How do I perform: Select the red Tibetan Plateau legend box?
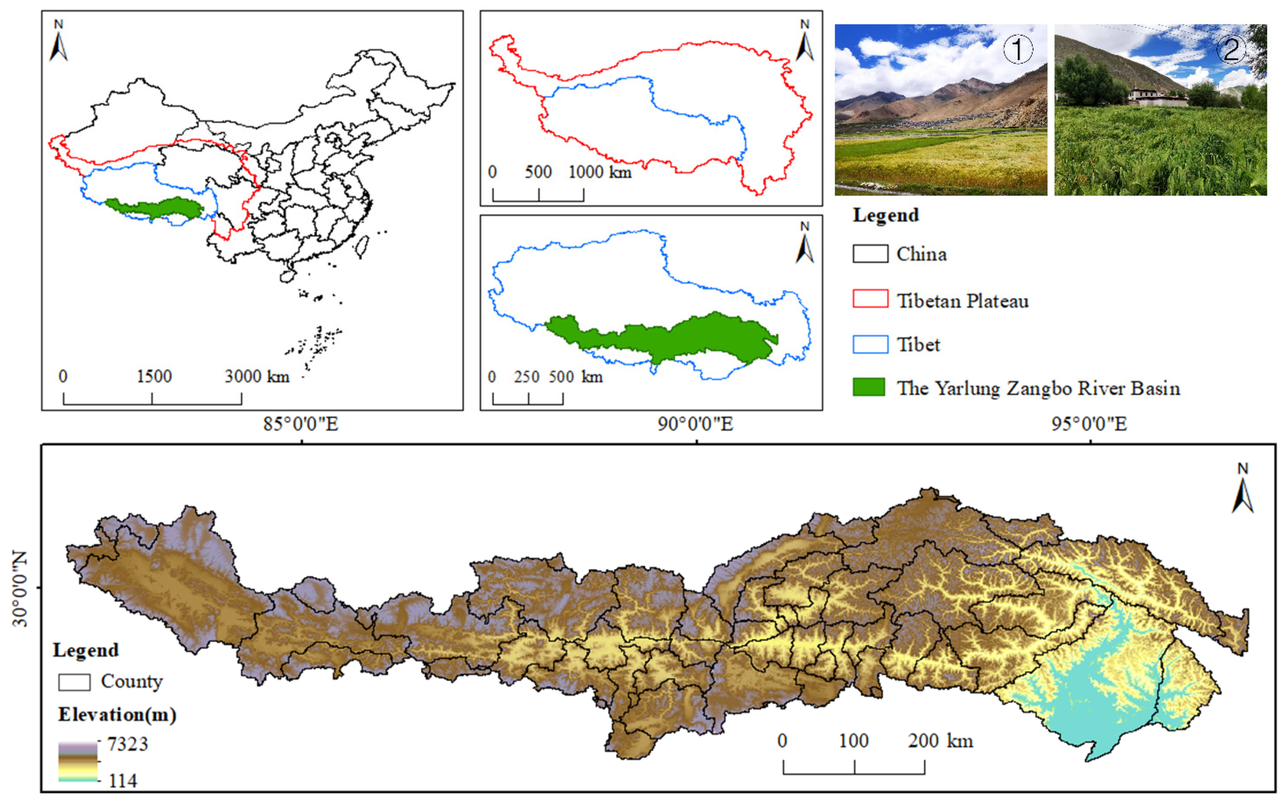point(870,299)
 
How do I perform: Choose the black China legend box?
point(870,254)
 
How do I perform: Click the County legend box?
point(74,682)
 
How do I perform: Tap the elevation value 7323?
point(127,744)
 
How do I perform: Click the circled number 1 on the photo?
point(1018,50)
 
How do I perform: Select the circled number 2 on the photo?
point(1231,50)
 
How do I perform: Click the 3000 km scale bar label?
point(257,377)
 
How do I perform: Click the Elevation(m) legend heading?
point(117,715)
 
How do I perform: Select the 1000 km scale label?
point(600,173)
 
